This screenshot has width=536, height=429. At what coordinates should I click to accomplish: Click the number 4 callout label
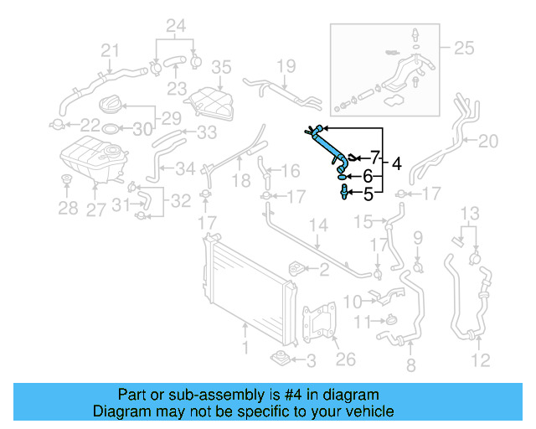396,164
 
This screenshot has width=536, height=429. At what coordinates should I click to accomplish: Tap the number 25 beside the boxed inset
463,49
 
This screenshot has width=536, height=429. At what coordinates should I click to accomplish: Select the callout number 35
220,66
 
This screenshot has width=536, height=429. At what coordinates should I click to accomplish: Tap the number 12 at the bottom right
480,362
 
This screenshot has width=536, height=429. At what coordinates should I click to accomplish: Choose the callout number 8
410,365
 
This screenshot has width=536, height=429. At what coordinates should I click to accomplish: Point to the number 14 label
319,225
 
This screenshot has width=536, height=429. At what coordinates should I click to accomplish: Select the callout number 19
286,65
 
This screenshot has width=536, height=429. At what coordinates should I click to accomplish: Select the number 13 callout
472,212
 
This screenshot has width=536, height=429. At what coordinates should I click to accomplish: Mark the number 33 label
206,132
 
